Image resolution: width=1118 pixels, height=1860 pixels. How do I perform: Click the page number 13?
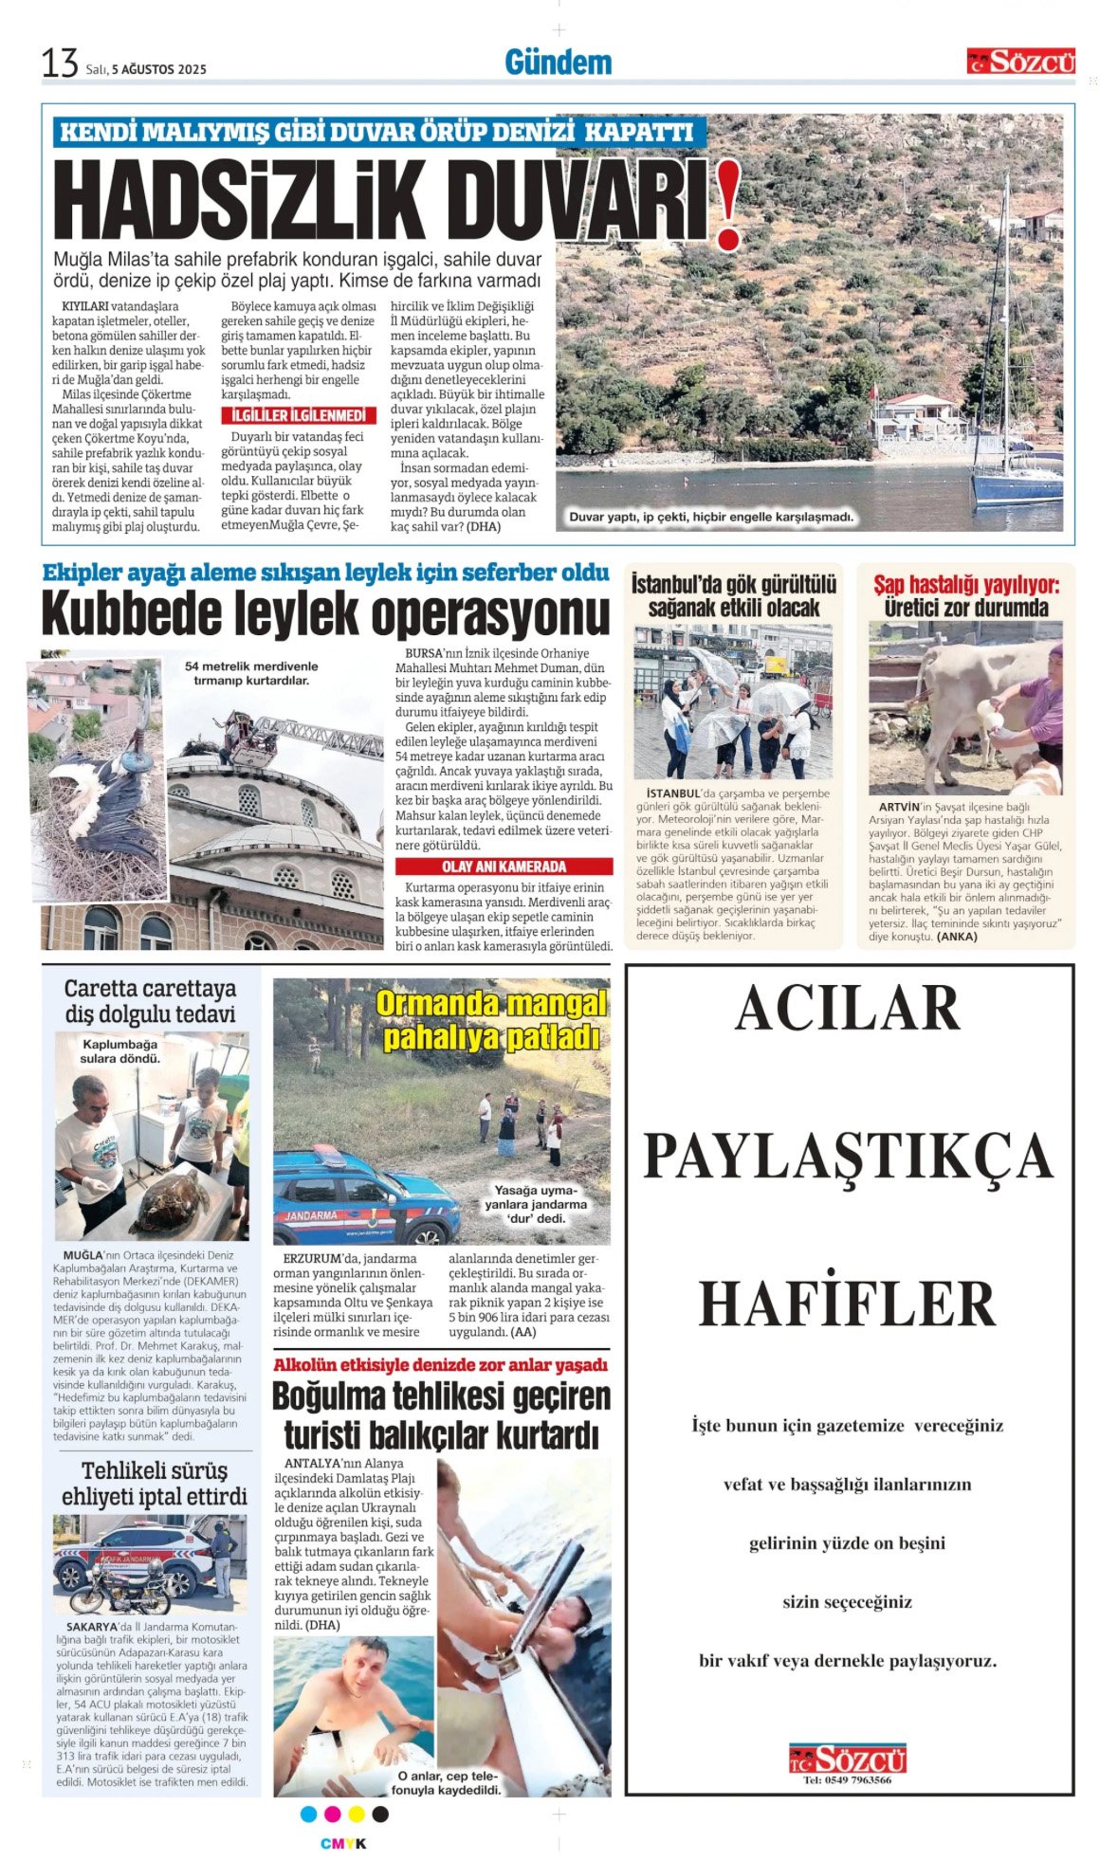coord(59,64)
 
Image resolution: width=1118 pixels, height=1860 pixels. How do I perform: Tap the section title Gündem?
coord(558,63)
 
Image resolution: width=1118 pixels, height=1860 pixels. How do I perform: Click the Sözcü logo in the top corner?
coord(1020,62)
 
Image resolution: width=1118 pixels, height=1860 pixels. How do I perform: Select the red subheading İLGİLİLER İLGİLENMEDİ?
coord(299,416)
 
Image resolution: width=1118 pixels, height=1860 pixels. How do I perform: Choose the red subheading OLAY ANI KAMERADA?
coord(504,866)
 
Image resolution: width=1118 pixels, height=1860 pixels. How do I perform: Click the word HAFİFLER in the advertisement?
coord(847,1303)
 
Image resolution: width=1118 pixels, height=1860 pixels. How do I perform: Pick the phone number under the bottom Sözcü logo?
coord(847,1779)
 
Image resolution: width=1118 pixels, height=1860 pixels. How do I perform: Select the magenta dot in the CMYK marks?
coord(332,1814)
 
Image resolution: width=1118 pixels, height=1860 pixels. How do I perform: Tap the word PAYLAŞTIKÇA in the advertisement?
coord(847,1156)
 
